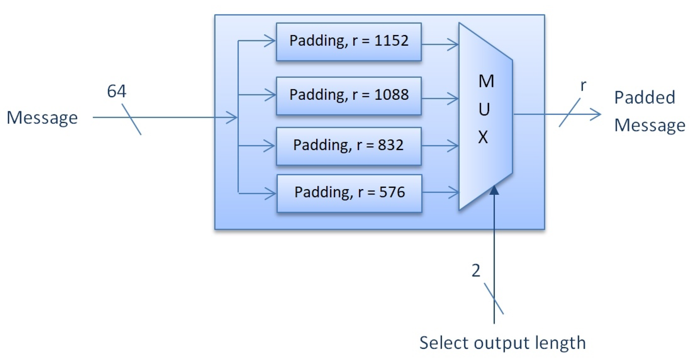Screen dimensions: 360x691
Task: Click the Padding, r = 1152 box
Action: [x=349, y=42]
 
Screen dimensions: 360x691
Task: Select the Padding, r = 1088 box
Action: [x=349, y=96]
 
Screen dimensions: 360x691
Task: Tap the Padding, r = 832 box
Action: [x=349, y=146]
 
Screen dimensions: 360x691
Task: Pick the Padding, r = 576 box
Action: [x=349, y=193]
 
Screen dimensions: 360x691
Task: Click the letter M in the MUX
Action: [x=486, y=81]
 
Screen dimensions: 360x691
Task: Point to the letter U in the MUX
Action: [x=484, y=109]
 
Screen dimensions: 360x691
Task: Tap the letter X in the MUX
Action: [x=483, y=137]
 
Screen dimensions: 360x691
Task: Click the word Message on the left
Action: [x=42, y=118]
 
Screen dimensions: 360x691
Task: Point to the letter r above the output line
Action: [x=583, y=86]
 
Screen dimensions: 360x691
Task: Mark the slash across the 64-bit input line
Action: [x=132, y=119]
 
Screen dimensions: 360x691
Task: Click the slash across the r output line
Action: [x=569, y=113]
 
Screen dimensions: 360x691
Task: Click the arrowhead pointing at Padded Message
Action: [x=596, y=114]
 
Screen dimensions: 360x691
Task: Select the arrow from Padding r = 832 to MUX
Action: [x=440, y=146]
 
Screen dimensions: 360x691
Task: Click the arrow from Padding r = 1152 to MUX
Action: [x=440, y=44]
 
